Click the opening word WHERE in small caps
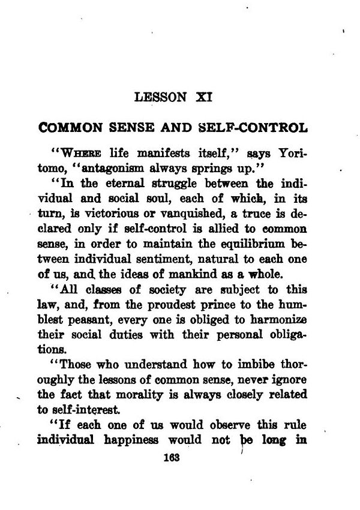point(80,153)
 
